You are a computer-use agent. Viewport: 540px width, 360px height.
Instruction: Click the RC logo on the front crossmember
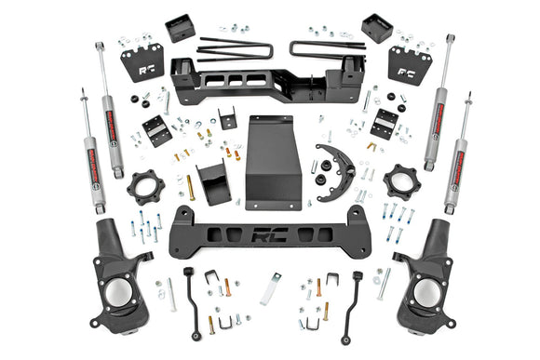(271, 237)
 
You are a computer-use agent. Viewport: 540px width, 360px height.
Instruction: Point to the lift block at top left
(180, 29)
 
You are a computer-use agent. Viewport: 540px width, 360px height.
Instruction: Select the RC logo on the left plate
(142, 67)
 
